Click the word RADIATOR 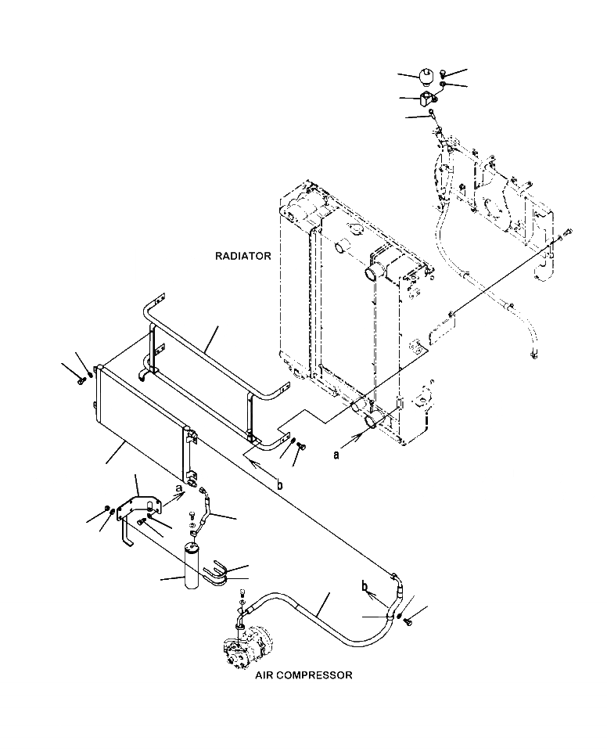(242, 256)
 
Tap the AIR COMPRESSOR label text (303, 675)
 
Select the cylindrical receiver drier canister (192, 566)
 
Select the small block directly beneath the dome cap (426, 99)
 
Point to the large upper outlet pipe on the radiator (372, 276)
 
